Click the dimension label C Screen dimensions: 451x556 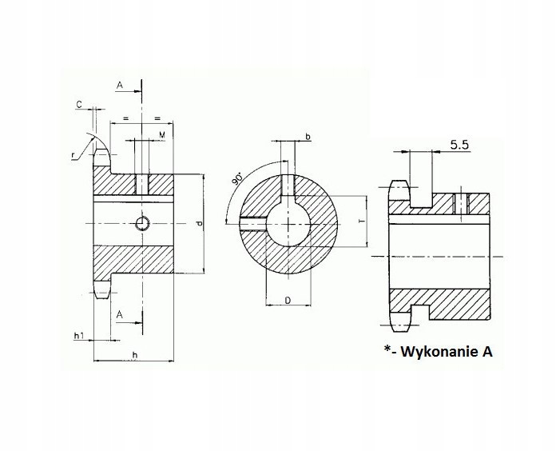78,105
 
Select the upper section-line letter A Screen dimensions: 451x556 119,84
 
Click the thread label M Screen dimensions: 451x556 161,135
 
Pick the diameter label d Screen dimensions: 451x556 197,224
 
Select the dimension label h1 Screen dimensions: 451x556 79,337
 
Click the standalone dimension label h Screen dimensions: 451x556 135,355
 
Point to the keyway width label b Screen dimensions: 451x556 308,138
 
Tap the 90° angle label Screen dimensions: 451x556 238,178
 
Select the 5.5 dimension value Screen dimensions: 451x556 459,145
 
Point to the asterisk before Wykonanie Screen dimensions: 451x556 387,348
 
